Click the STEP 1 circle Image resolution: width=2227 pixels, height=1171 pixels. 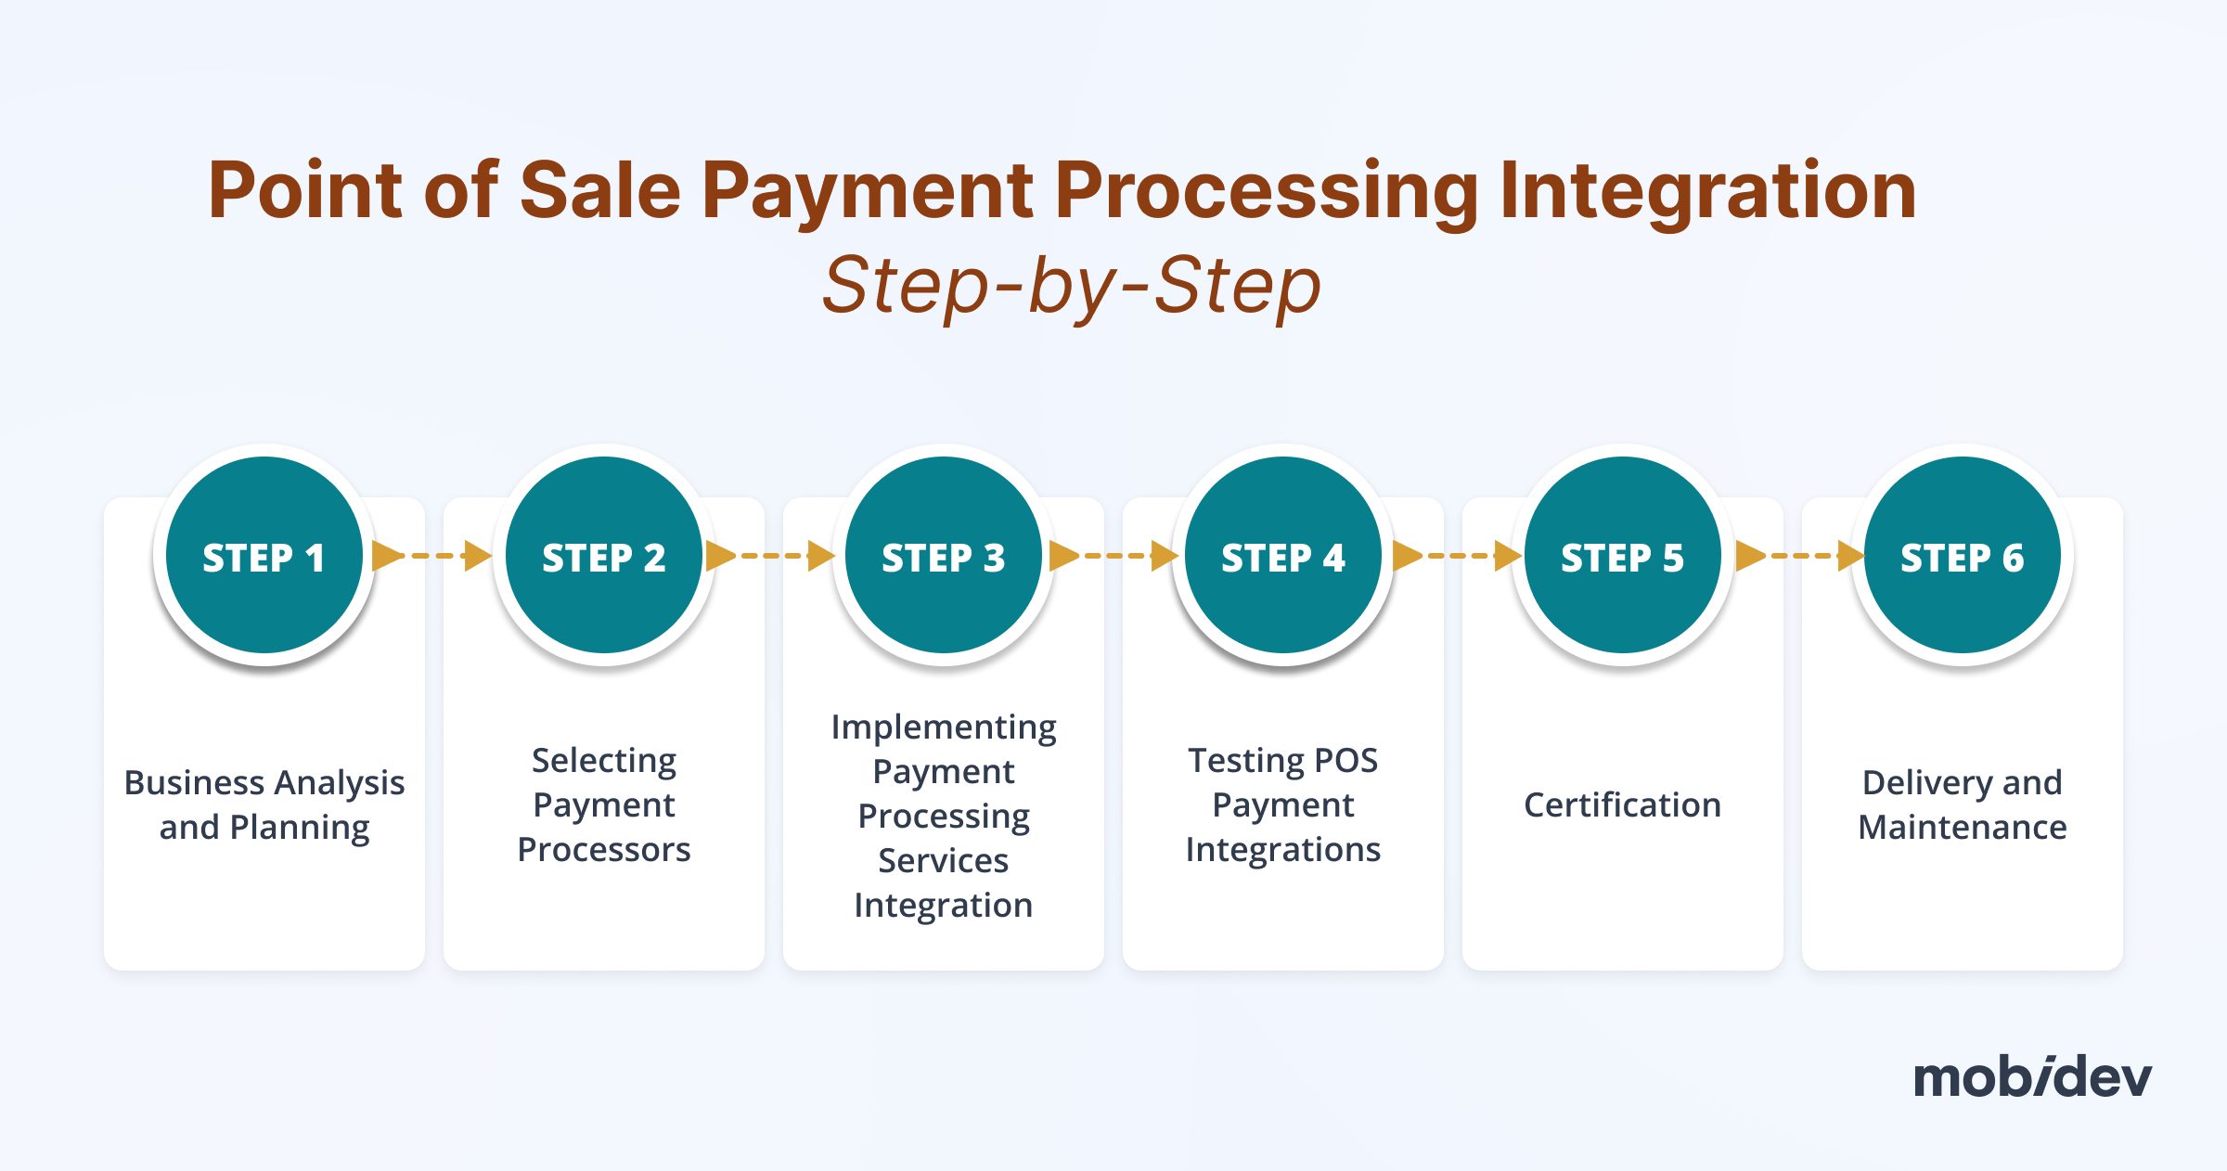pyautogui.click(x=264, y=555)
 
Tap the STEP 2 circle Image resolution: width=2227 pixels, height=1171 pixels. pyautogui.click(x=604, y=555)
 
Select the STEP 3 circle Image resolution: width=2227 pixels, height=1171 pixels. pyautogui.click(x=944, y=555)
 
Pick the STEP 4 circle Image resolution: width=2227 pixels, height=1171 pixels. pyautogui.click(x=1283, y=555)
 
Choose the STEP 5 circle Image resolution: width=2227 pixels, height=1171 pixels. pyautogui.click(x=1623, y=555)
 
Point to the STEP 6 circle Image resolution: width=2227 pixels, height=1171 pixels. pyautogui.click(x=1963, y=555)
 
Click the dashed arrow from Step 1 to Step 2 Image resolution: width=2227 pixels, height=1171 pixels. pyautogui.click(x=431, y=556)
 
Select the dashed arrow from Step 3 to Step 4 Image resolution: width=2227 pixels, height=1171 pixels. pyautogui.click(x=1113, y=556)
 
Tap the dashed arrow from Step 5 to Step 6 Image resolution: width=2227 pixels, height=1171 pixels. pyautogui.click(x=1800, y=556)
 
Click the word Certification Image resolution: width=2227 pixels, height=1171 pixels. pyautogui.click(x=1622, y=804)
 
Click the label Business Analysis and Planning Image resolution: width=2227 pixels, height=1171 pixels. pyautogui.click(x=264, y=805)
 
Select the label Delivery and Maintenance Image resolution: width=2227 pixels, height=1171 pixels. pyautogui.click(x=1963, y=805)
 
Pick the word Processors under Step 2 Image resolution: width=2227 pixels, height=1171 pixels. pyautogui.click(x=604, y=849)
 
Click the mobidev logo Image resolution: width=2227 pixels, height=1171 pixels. pyautogui.click(x=2032, y=1076)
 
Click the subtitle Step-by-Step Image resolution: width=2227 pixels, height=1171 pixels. pyautogui.click(x=1072, y=285)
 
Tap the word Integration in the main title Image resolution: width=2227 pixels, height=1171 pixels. pyautogui.click(x=1708, y=192)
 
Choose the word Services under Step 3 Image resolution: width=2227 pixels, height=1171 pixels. pyautogui.click(x=944, y=860)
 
